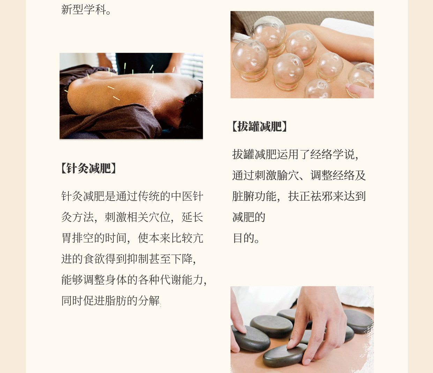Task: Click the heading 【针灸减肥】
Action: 89,168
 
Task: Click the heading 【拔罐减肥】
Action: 260,126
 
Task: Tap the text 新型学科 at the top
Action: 86,10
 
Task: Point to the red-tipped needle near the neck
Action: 181,102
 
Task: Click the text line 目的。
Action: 246,238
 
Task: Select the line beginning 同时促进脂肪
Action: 111,301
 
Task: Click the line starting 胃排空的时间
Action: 132,238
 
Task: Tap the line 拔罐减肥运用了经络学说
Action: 296,154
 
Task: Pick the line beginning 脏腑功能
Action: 299,196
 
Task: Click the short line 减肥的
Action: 249,217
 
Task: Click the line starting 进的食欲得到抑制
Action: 129,259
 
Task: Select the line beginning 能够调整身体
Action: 134,280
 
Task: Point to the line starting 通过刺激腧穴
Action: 299,175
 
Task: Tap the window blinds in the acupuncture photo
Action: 192,65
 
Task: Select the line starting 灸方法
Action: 132,217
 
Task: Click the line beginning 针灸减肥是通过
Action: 132,196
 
